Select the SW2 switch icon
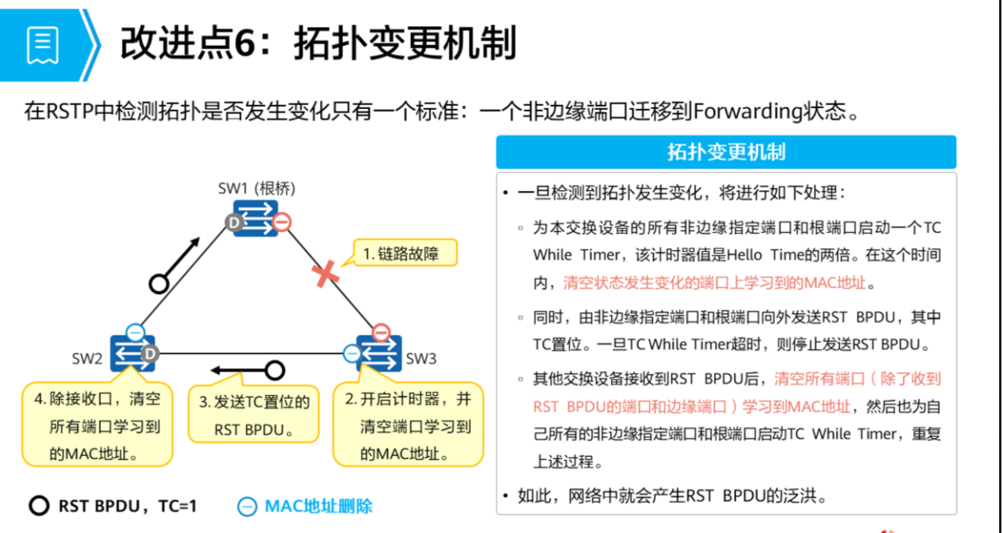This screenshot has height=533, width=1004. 134,353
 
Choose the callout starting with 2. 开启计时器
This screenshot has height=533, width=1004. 408,426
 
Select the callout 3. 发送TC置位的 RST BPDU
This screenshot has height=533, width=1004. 253,416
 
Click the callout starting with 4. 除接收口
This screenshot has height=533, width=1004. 97,426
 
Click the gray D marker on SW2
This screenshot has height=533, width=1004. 149,353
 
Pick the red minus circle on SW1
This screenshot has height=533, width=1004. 281,221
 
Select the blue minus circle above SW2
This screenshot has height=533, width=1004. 135,332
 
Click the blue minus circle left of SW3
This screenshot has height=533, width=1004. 352,353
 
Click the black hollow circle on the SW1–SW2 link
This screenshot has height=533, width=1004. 158,284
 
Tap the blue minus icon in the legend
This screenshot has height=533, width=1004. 246,506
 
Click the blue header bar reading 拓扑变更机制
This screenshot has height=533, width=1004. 726,153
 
